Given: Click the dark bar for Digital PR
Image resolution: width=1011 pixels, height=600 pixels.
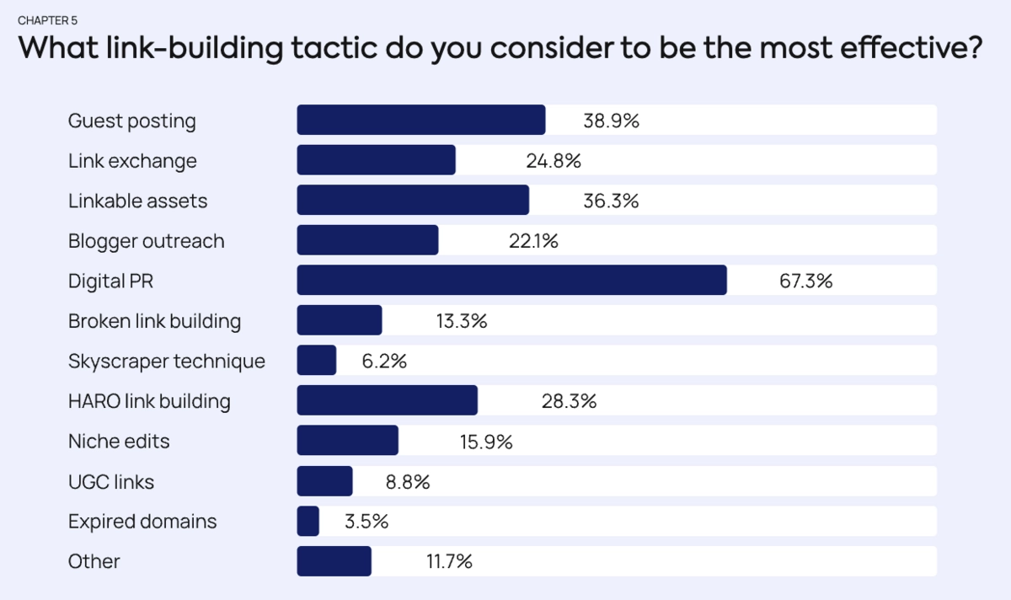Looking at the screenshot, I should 511,281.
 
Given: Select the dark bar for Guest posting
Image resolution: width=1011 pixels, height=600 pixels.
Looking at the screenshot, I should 420,120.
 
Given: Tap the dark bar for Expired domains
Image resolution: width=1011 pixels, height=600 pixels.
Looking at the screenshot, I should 308,521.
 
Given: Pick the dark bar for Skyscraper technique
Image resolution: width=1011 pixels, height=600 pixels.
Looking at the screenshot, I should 317,361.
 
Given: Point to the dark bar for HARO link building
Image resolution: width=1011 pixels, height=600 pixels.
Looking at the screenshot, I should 387,400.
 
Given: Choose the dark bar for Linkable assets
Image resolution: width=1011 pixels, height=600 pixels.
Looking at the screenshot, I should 413,201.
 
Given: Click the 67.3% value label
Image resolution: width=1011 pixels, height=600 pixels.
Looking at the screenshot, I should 805,281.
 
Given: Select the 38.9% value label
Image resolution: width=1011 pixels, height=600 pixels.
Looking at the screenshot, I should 611,121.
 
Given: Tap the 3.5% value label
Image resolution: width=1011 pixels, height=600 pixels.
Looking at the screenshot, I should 366,522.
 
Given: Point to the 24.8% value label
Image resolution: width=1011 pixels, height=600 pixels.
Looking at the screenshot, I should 553,160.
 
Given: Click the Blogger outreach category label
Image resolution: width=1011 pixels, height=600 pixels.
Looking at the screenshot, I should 146,241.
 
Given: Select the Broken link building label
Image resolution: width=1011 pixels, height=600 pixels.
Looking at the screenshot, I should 154,321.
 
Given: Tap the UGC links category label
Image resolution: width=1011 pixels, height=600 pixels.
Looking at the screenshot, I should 111,481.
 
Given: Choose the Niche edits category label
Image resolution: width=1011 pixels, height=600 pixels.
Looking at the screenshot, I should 119,441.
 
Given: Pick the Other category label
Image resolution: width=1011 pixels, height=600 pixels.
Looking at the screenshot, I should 94,561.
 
